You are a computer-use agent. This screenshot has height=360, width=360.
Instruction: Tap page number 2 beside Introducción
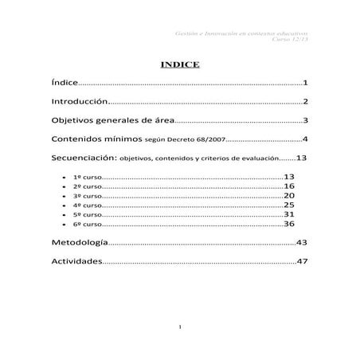click(x=305, y=102)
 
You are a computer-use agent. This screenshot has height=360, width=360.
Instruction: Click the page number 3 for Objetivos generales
click(x=305, y=121)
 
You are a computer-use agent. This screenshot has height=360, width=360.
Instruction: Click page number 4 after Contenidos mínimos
click(x=305, y=139)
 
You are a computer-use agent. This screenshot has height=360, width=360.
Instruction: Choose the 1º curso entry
click(x=86, y=177)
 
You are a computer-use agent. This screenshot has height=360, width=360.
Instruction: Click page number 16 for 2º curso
click(x=289, y=186)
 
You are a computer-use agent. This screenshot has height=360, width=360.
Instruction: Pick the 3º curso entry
click(x=86, y=196)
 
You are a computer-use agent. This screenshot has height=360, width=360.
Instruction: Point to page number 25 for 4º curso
click(x=289, y=205)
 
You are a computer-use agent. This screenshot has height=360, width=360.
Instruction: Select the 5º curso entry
click(x=86, y=215)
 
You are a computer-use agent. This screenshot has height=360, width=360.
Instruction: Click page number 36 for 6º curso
click(x=289, y=224)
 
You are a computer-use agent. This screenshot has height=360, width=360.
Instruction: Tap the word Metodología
click(x=77, y=242)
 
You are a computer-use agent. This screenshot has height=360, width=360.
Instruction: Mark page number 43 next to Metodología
click(x=301, y=242)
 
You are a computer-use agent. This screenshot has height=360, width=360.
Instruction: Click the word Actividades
click(x=76, y=261)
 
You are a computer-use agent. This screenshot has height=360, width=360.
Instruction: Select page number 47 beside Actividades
click(x=301, y=261)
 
